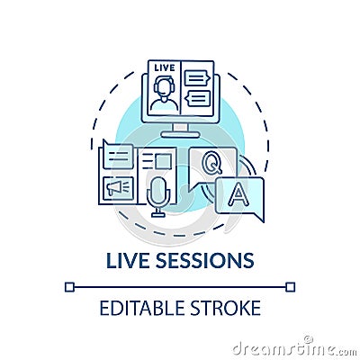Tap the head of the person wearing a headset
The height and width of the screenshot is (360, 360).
coord(164,85)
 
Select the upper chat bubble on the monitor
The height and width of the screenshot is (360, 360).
coord(196,78)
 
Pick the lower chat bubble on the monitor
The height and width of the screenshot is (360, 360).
coord(196,97)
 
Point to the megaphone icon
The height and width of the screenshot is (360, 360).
coord(118,186)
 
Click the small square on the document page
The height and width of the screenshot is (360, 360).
coord(161,160)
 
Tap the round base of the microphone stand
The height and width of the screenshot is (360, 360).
coord(158,215)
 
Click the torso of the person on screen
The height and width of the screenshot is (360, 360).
coord(164,103)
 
